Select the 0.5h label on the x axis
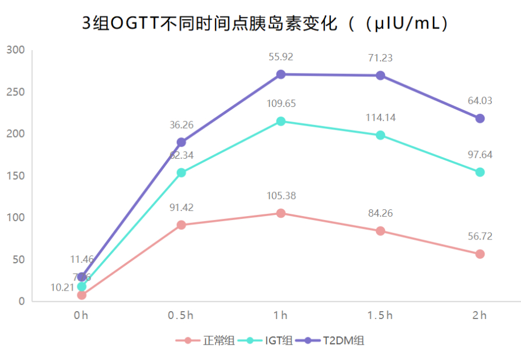[x=181, y=315]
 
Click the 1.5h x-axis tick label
[x=380, y=315]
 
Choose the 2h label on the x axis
[x=479, y=315]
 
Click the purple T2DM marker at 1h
[x=281, y=75]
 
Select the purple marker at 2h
[x=480, y=118]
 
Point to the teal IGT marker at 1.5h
[x=381, y=135]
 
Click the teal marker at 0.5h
[x=181, y=172]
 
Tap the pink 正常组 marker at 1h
[x=281, y=213]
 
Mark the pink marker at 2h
[x=480, y=254]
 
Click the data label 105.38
[x=281, y=196]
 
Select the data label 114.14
[x=381, y=118]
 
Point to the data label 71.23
[x=381, y=58]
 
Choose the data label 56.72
[x=480, y=236]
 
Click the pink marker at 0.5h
[x=181, y=225]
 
